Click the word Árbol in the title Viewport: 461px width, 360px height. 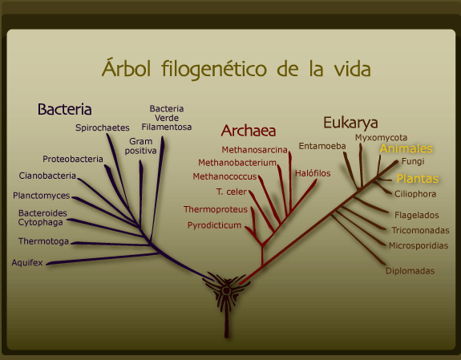(127, 68)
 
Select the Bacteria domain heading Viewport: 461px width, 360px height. (64, 109)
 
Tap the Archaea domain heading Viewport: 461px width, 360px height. (249, 131)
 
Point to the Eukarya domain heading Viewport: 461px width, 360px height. (350, 123)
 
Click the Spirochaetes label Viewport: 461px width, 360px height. (103, 127)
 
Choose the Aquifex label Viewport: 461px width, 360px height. (27, 262)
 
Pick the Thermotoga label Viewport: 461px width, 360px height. (43, 241)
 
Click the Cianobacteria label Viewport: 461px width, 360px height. (47, 176)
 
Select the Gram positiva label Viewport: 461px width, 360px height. (140, 146)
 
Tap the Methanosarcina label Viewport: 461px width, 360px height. (254, 150)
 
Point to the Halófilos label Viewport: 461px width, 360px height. (313, 173)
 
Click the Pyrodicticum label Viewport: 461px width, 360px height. (214, 225)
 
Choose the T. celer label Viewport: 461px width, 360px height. (232, 192)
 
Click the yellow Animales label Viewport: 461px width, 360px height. (406, 148)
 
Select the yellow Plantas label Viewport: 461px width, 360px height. (418, 179)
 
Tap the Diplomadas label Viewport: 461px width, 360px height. (410, 271)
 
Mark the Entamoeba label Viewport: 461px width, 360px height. (322, 146)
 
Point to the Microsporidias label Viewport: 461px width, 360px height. (419, 245)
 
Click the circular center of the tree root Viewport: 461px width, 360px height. (226, 291)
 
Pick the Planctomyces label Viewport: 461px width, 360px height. (42, 196)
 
